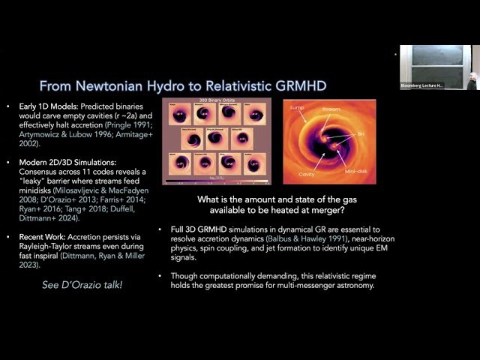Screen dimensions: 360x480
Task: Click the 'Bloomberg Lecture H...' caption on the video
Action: (421, 86)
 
